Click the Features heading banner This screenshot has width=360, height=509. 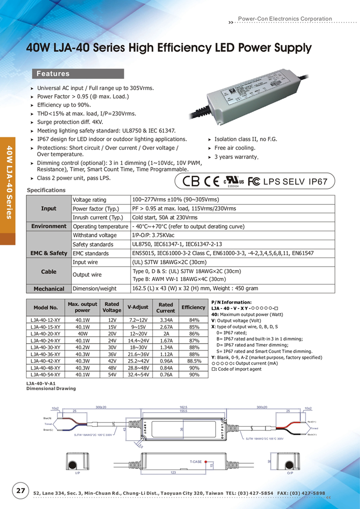77,74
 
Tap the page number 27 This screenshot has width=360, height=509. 21,491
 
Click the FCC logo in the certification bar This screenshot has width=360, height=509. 254,182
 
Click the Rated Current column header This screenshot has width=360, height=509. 166,308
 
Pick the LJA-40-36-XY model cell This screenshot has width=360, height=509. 45,354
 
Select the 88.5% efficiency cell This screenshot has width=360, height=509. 194,361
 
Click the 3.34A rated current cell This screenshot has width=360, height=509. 166,320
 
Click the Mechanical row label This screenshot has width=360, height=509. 49,289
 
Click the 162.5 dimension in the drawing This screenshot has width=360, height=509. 184,407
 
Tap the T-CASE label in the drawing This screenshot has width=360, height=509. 196,462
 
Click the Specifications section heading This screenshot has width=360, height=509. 46,190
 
